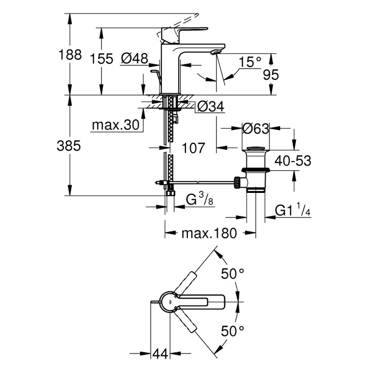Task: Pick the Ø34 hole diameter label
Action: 211,107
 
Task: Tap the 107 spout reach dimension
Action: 191,148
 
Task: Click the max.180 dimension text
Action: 209,233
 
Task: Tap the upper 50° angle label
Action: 232,274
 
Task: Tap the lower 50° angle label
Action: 232,331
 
